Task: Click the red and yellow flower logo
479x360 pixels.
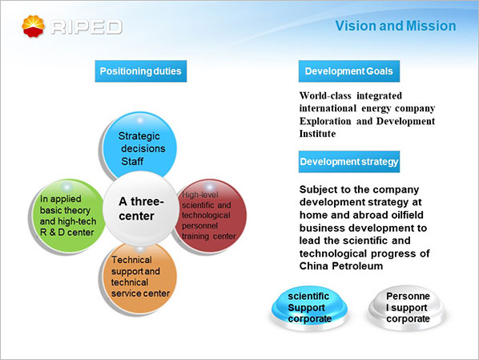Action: [34, 26]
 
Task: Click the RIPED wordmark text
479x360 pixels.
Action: [87, 27]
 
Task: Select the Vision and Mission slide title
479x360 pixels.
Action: [396, 26]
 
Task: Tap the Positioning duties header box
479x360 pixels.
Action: [141, 71]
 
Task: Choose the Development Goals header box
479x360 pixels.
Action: [349, 71]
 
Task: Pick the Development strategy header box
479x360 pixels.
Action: [349, 161]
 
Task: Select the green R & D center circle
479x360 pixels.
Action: [68, 216]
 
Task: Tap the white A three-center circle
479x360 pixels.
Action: [141, 208]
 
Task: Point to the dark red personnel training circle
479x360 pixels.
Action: [211, 216]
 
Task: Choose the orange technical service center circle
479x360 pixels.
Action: [140, 277]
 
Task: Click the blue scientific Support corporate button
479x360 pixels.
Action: [309, 308]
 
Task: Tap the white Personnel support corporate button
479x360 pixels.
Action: [407, 308]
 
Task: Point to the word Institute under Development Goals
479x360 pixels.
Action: [317, 134]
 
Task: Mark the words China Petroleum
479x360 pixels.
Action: [341, 266]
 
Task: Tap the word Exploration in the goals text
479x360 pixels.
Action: [325, 121]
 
